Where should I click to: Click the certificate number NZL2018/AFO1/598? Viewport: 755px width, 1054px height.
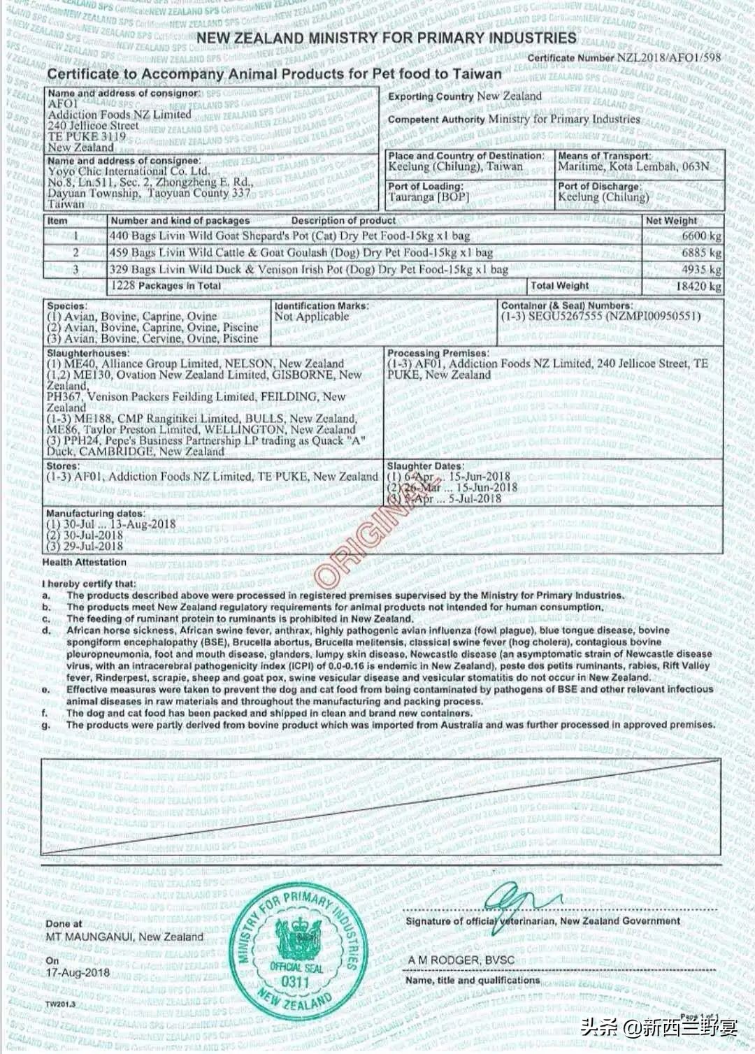pyautogui.click(x=668, y=58)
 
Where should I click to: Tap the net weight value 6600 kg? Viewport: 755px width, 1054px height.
pyautogui.click(x=701, y=236)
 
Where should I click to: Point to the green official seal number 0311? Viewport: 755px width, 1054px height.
pyautogui.click(x=295, y=981)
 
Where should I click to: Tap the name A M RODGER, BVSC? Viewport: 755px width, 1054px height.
pyautogui.click(x=461, y=960)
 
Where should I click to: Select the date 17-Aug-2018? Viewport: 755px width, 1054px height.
pyautogui.click(x=78, y=972)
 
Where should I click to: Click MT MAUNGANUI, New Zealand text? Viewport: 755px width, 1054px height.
pyautogui.click(x=124, y=937)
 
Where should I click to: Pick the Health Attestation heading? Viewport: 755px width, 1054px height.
pyautogui.click(x=85, y=562)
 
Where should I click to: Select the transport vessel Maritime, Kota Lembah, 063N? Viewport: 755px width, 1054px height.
pyautogui.click(x=633, y=166)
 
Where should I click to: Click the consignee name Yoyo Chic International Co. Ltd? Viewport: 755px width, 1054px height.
pyautogui.click(x=129, y=171)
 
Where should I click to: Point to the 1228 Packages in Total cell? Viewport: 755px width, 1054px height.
pyautogui.click(x=166, y=286)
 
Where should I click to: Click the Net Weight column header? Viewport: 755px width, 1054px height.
pyautogui.click(x=671, y=221)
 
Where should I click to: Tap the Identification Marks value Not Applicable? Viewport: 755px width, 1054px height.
pyautogui.click(x=311, y=317)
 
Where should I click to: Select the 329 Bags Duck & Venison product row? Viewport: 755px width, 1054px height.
pyautogui.click(x=308, y=270)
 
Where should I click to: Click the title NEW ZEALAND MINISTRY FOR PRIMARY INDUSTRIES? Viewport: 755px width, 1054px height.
pyautogui.click(x=386, y=38)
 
